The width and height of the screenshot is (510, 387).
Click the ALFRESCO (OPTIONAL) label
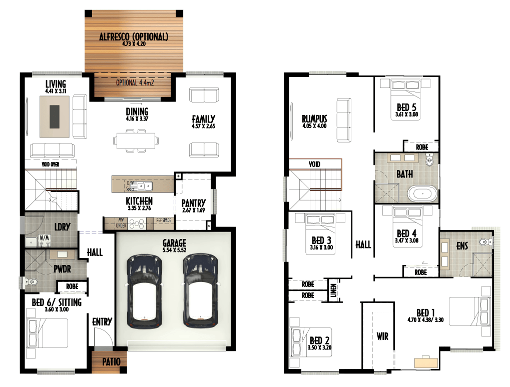[134, 36]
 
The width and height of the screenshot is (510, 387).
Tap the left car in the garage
[144, 290]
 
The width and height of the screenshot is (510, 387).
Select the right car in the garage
[200, 290]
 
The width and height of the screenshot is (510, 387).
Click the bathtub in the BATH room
[422, 193]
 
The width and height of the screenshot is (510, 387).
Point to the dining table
[136, 140]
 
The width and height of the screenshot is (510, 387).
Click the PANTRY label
[194, 203]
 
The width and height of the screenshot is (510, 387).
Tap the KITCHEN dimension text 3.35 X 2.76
[139, 208]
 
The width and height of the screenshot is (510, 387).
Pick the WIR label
[382, 336]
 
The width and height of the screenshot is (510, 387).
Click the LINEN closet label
[333, 290]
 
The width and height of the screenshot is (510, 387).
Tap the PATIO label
[111, 361]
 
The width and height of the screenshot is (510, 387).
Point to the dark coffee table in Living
[55, 116]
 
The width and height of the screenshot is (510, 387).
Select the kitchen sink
[145, 186]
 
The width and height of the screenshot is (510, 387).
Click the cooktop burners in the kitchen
[137, 224]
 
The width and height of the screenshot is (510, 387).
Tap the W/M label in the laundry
[44, 237]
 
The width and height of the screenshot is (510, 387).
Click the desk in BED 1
[426, 362]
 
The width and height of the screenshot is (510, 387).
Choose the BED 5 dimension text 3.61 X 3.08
[406, 114]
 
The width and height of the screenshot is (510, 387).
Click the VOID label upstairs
[314, 164]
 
